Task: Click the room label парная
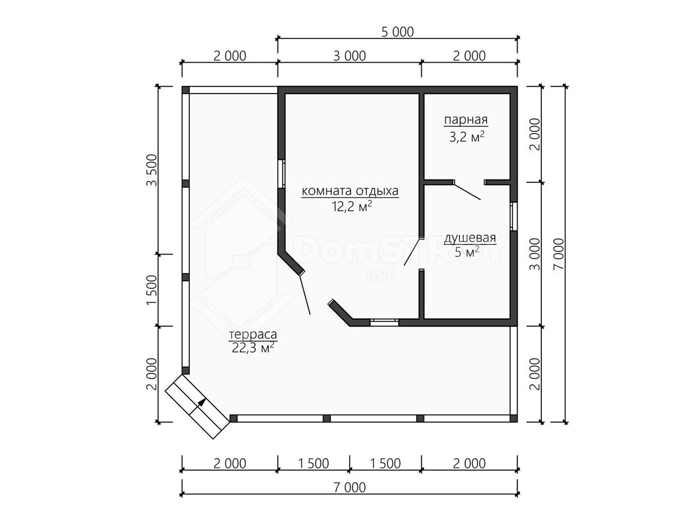tap(465, 120)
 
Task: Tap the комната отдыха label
tap(350, 191)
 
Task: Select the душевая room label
tap(470, 238)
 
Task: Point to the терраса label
tap(253, 335)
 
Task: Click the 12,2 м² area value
tap(352, 207)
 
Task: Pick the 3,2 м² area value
tap(467, 137)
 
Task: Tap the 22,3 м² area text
tap(253, 348)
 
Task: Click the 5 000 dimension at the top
tap(397, 32)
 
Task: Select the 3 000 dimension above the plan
tap(350, 56)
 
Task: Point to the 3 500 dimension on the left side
tap(152, 170)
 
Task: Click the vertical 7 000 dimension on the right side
tap(559, 254)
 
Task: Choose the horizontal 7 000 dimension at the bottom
tap(350, 488)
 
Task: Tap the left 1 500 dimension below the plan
tap(314, 464)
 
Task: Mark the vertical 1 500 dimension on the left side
tap(152, 290)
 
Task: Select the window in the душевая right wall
tap(513, 216)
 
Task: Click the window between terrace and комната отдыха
tap(281, 174)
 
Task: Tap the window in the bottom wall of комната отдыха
tap(385, 323)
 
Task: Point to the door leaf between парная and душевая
tap(467, 192)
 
